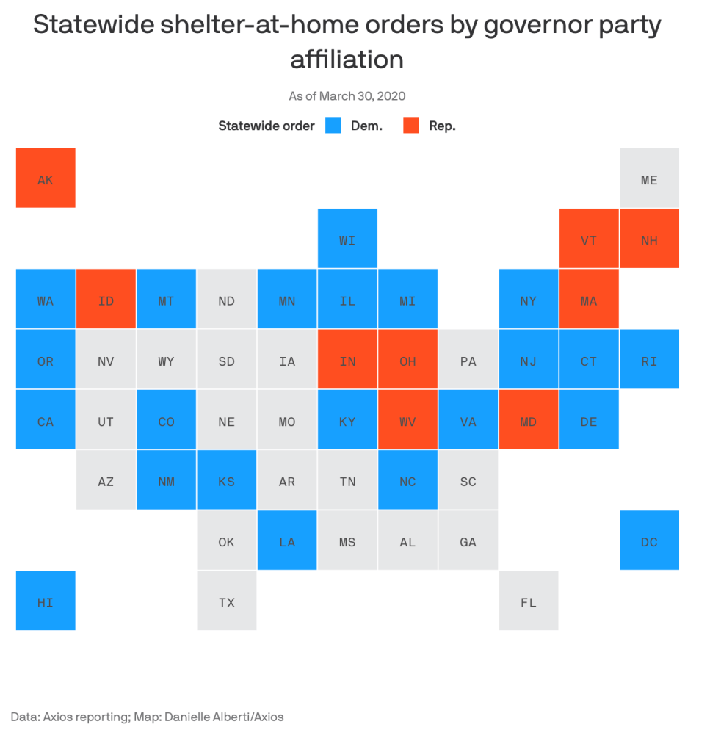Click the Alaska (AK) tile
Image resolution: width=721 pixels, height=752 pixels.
[x=46, y=178]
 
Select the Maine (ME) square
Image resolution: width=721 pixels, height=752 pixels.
[x=649, y=178]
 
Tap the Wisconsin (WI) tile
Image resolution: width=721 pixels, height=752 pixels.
[x=347, y=239]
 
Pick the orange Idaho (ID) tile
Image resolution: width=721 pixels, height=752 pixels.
[x=106, y=299]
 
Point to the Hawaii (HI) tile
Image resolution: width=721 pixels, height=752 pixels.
[x=46, y=601]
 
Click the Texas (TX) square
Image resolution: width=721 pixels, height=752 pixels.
[x=227, y=601]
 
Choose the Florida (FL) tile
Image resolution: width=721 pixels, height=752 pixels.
[x=529, y=601]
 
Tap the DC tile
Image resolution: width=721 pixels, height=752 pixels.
[x=649, y=540]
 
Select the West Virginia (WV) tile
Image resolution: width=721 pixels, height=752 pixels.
[x=407, y=420]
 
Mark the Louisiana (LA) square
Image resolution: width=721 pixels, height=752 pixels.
[x=287, y=540]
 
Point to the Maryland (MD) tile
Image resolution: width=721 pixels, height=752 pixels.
[x=529, y=420]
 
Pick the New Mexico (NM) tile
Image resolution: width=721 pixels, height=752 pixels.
[x=167, y=480]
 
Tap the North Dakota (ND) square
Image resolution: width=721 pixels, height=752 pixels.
[x=227, y=299]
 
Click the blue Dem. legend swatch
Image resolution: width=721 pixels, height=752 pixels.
[x=333, y=126]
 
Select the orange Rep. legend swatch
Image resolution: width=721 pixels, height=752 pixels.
[x=411, y=126]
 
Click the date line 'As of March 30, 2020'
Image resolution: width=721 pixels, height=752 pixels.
[x=347, y=96]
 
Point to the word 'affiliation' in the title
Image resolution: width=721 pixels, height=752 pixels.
[x=347, y=59]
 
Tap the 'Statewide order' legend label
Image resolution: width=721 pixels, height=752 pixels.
[x=266, y=126]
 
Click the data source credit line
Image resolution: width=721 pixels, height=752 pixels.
[x=147, y=716]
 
